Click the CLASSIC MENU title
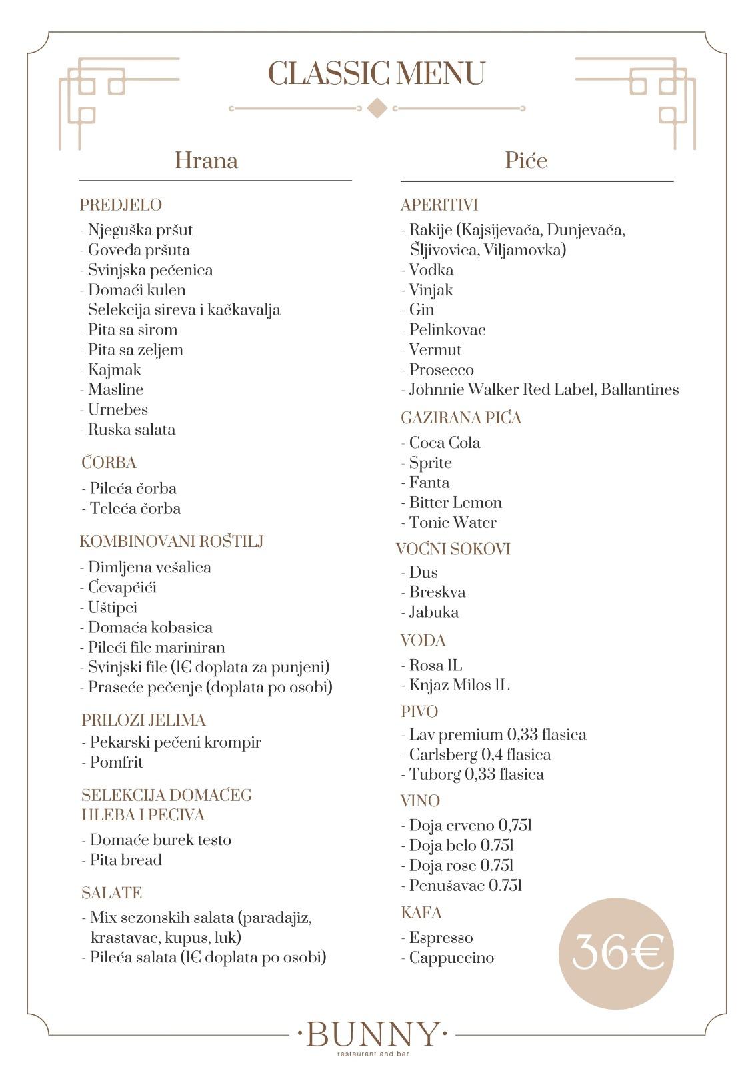(x=376, y=73)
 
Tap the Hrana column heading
(x=206, y=161)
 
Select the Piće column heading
(x=526, y=161)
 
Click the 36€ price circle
(x=616, y=953)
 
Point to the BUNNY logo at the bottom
(x=372, y=1035)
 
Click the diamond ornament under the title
(x=377, y=108)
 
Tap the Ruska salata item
(x=131, y=429)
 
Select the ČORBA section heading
(x=109, y=463)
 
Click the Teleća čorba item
(x=135, y=509)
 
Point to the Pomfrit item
(x=116, y=762)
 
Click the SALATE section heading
(x=111, y=893)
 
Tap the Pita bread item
(x=125, y=860)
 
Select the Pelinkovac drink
(x=447, y=330)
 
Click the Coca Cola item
(x=444, y=443)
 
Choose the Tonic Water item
(x=452, y=523)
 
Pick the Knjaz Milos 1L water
(x=459, y=686)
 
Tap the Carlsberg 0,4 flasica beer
(x=479, y=755)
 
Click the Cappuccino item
(x=451, y=958)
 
